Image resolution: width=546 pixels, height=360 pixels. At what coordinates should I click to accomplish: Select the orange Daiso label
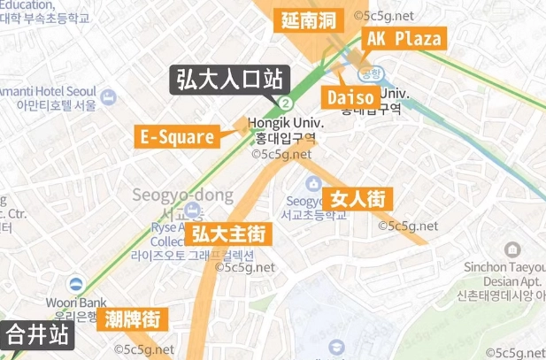tap(350, 96)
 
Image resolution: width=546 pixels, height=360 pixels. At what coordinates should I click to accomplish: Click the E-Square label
tap(177, 137)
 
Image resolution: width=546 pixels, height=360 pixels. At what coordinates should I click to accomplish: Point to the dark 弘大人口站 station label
tap(227, 80)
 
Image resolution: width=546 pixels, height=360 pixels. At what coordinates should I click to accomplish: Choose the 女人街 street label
tap(358, 199)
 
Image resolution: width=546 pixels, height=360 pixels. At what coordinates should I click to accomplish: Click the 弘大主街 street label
tap(228, 235)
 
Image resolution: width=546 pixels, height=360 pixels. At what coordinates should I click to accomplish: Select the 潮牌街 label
tap(132, 318)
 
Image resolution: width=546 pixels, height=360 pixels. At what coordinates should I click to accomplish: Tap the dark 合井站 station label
tap(37, 336)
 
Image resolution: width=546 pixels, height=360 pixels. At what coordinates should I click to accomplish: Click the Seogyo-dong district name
tap(182, 195)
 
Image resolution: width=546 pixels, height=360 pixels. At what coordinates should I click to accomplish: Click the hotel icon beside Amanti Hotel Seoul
tap(109, 95)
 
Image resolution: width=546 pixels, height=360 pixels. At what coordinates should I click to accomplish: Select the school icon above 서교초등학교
tap(313, 183)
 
